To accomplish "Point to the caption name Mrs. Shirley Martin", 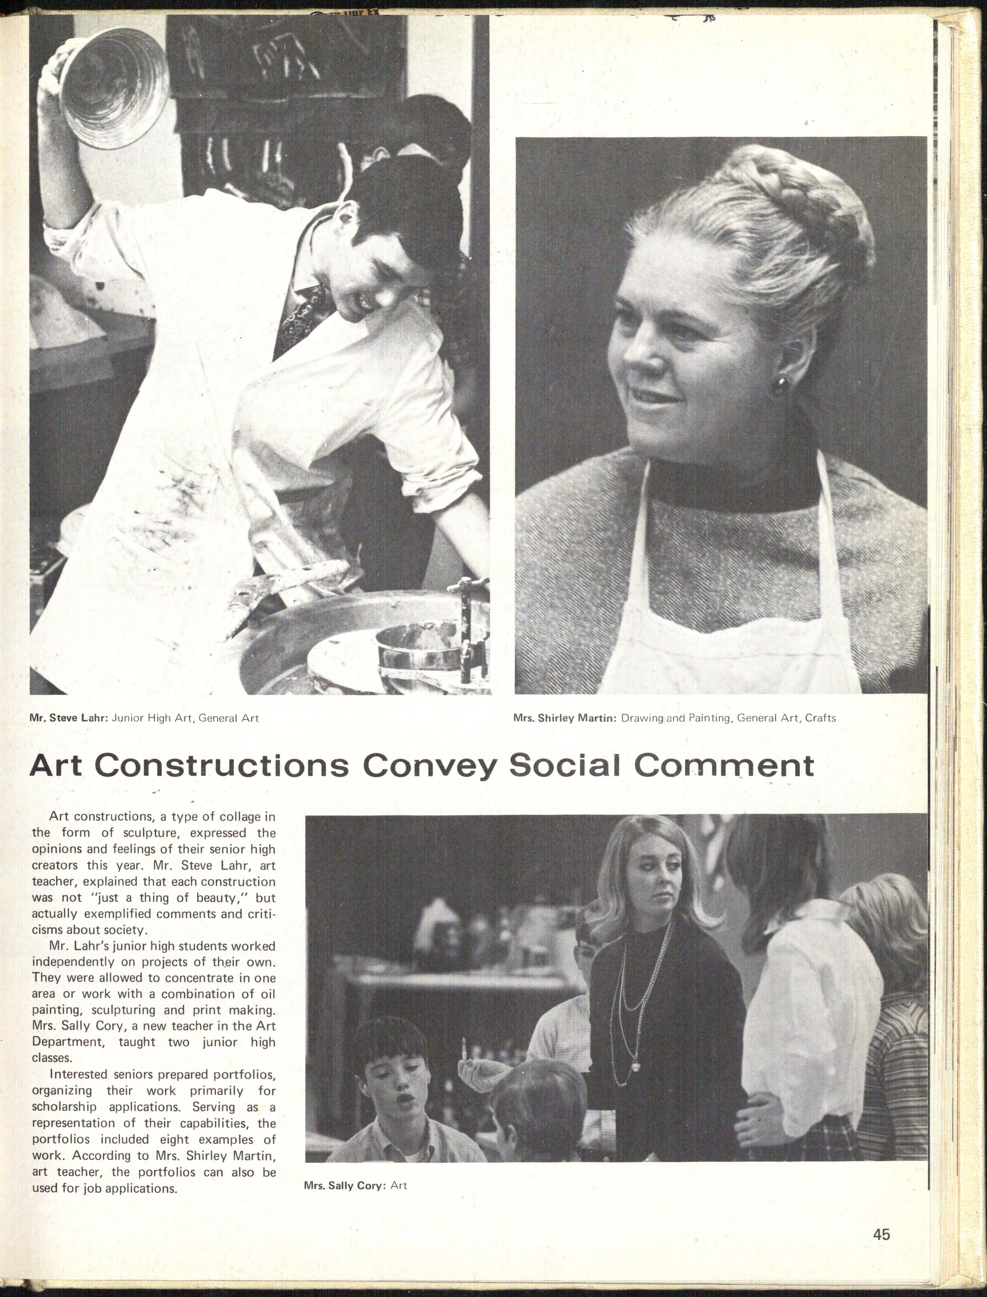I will (564, 718).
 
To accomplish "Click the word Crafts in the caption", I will (820, 718).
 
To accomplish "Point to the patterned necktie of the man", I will (300, 317).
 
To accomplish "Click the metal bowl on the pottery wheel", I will (418, 646).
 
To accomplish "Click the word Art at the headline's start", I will (59, 765).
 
